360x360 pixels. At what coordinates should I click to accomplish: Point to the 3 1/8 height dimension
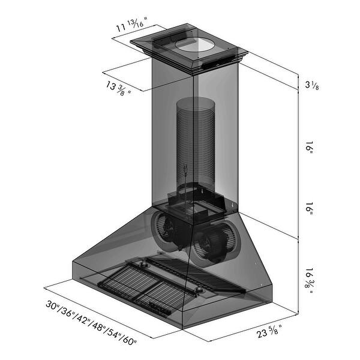click(311, 85)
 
